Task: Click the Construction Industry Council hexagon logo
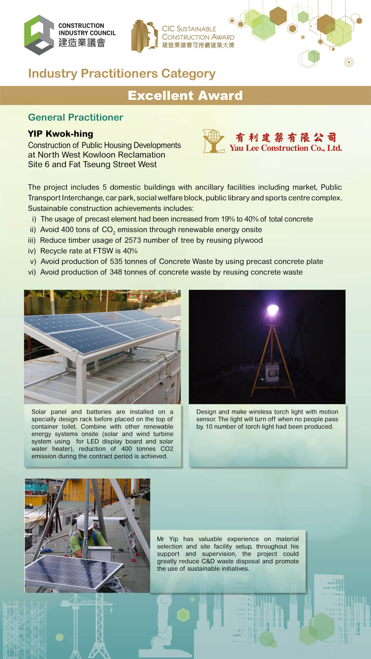click(x=39, y=35)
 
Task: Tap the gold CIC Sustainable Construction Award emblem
click(x=144, y=36)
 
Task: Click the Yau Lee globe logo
click(x=213, y=141)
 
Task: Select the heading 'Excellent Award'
click(x=185, y=96)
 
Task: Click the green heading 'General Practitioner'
click(x=75, y=117)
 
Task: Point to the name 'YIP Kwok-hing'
click(x=61, y=134)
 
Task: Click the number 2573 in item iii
click(x=133, y=240)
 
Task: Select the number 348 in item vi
click(x=116, y=272)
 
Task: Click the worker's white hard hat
click(x=85, y=523)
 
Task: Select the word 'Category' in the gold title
click(x=188, y=74)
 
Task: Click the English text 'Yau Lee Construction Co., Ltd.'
click(x=286, y=148)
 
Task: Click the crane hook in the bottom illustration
click(x=111, y=610)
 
